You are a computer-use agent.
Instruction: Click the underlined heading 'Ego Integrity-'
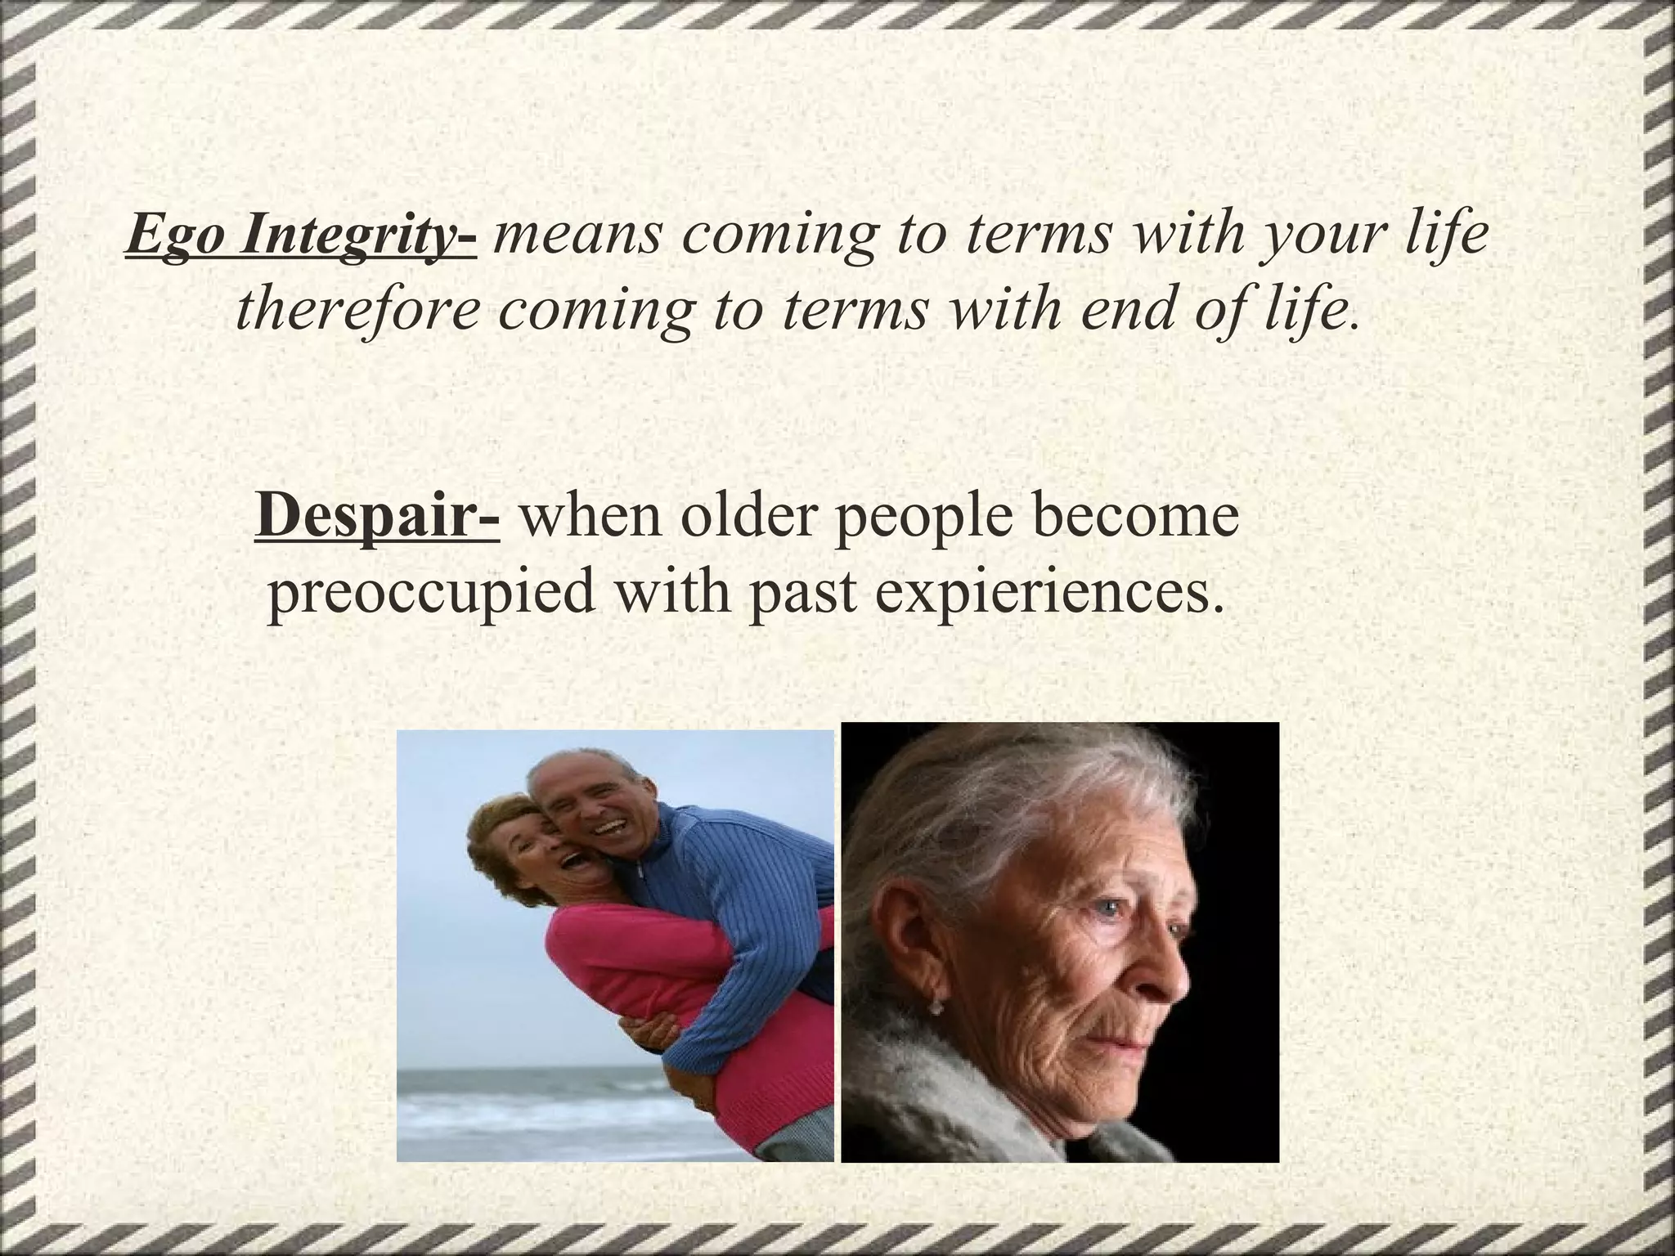(x=301, y=237)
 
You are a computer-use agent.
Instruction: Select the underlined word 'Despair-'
(x=377, y=518)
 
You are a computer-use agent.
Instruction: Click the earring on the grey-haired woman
(x=937, y=1007)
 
